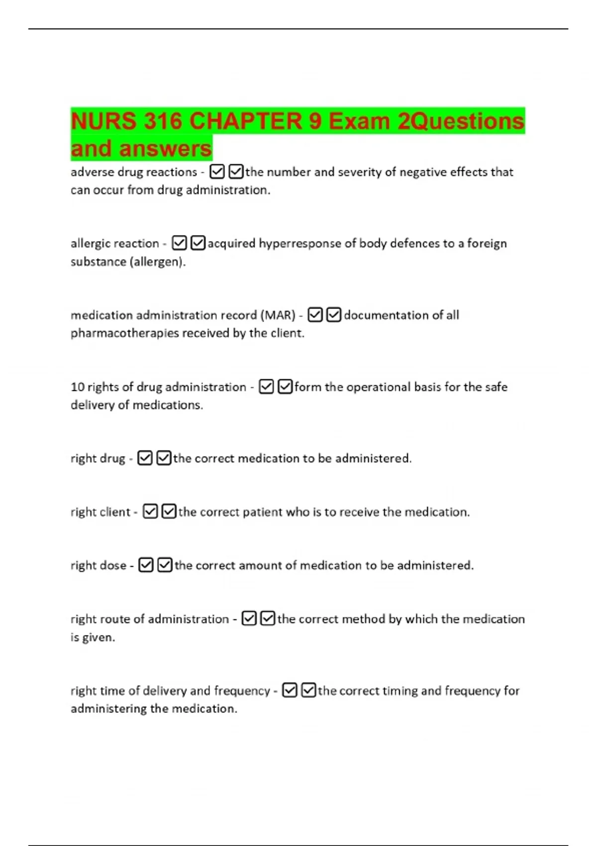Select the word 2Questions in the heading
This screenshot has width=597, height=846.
[x=461, y=121]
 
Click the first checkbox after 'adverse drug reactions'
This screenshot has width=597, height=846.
[x=217, y=172]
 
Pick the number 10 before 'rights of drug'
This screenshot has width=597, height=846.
[x=78, y=387]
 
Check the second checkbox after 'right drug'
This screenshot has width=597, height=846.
[x=164, y=458]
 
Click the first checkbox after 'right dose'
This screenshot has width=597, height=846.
[x=146, y=565]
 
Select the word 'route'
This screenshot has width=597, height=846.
[x=115, y=619]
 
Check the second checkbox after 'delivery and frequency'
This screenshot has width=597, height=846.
[x=308, y=690]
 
